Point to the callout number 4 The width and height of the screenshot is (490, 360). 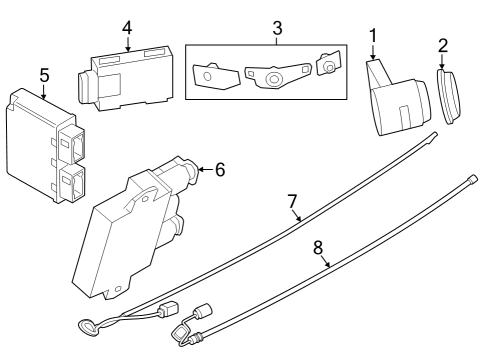coord(126,27)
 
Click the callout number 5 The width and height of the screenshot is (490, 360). coord(43,75)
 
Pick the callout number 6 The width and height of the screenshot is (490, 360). coord(219,169)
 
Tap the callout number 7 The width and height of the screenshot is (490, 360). coord(293,203)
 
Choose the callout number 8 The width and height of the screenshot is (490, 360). coord(318,247)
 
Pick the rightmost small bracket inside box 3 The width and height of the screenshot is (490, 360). coord(326,65)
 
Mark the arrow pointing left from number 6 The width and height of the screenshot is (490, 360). coord(203,169)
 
